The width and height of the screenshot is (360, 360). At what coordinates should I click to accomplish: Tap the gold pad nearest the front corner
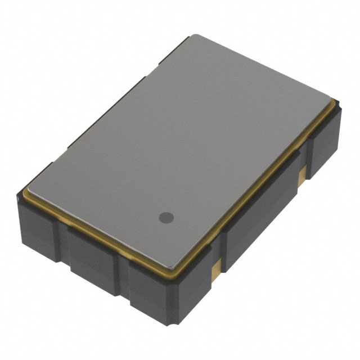[214, 272]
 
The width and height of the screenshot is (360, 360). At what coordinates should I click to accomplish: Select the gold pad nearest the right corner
[302, 174]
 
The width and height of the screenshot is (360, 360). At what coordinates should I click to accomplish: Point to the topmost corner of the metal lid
[192, 36]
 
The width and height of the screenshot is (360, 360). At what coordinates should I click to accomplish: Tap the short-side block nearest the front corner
[149, 287]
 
